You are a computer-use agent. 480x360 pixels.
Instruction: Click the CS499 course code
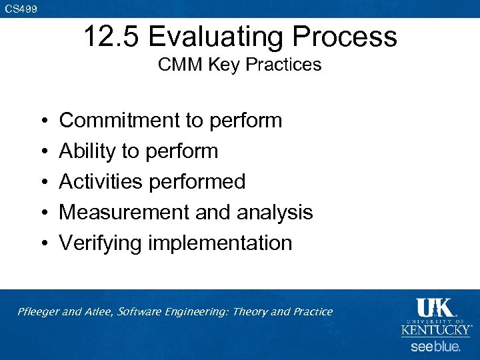point(21,9)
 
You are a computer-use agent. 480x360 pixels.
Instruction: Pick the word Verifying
point(101,243)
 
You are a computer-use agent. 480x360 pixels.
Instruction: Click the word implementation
point(220,243)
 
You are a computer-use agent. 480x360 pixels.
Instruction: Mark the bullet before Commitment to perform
point(42,121)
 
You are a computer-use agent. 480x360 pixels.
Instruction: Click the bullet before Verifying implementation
point(42,243)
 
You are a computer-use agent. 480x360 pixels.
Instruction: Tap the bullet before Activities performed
point(42,182)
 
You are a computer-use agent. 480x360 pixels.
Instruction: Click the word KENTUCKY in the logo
point(435,329)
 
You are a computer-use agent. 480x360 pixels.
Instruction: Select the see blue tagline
point(435,347)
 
